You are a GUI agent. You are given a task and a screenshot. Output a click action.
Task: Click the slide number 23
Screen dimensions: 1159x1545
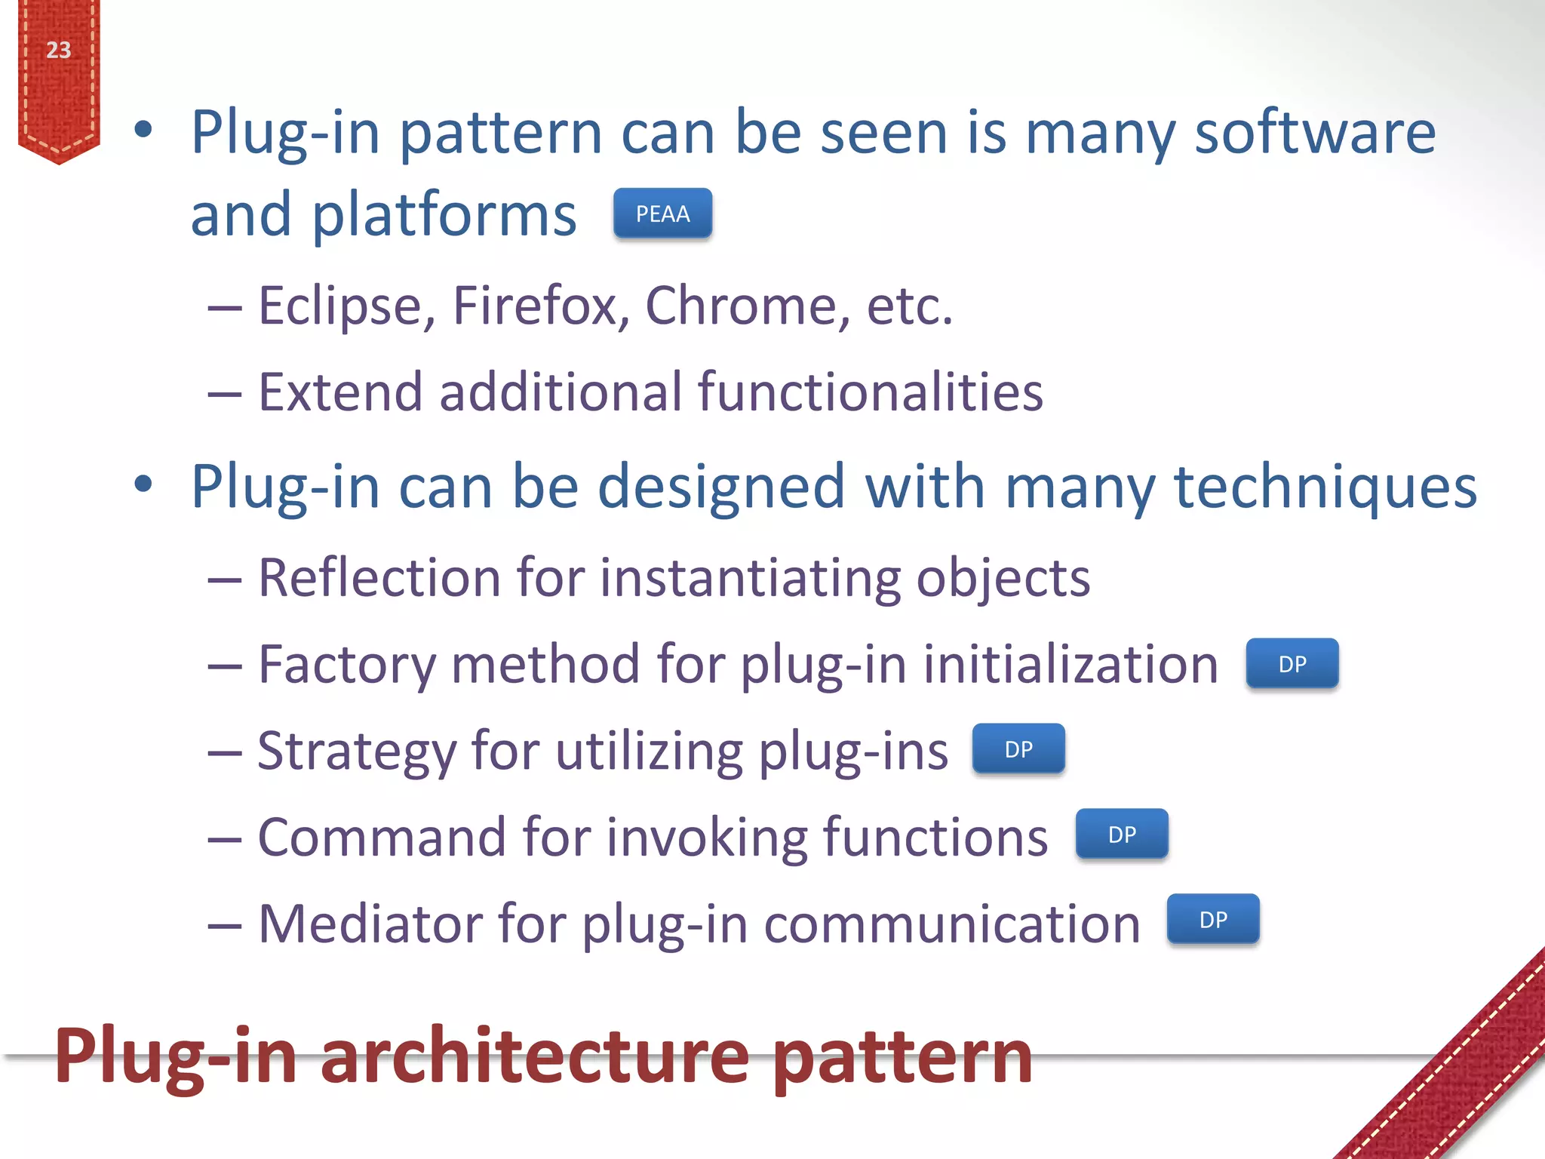coord(58,51)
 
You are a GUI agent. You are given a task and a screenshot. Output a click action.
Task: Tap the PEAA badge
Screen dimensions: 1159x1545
coord(662,214)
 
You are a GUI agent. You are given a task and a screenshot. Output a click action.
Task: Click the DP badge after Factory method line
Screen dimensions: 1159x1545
coord(1292,664)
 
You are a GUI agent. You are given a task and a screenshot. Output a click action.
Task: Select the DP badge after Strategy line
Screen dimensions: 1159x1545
coord(1018,749)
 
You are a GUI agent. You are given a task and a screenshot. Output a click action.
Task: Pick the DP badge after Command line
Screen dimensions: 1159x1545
coord(1122,835)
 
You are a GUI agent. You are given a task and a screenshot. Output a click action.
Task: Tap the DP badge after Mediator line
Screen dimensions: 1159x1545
coord(1213,920)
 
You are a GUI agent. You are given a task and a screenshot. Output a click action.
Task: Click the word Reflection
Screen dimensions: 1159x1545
coord(378,578)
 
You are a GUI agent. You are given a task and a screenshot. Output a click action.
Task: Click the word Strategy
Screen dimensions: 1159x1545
coord(356,752)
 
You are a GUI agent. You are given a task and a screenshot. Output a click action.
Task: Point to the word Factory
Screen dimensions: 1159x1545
coord(347,666)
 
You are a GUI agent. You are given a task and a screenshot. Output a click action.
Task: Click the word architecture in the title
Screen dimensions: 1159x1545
coord(535,1056)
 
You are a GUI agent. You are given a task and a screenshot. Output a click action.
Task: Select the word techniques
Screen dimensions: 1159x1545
coord(1325,487)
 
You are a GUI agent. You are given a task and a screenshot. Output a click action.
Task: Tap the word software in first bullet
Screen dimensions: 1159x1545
coord(1315,133)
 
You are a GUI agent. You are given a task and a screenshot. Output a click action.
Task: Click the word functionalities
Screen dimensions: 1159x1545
coord(870,392)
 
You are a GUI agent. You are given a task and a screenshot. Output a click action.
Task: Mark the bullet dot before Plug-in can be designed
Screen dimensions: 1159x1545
coord(143,484)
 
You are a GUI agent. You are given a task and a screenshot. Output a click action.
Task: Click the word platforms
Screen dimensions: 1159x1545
coord(444,216)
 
